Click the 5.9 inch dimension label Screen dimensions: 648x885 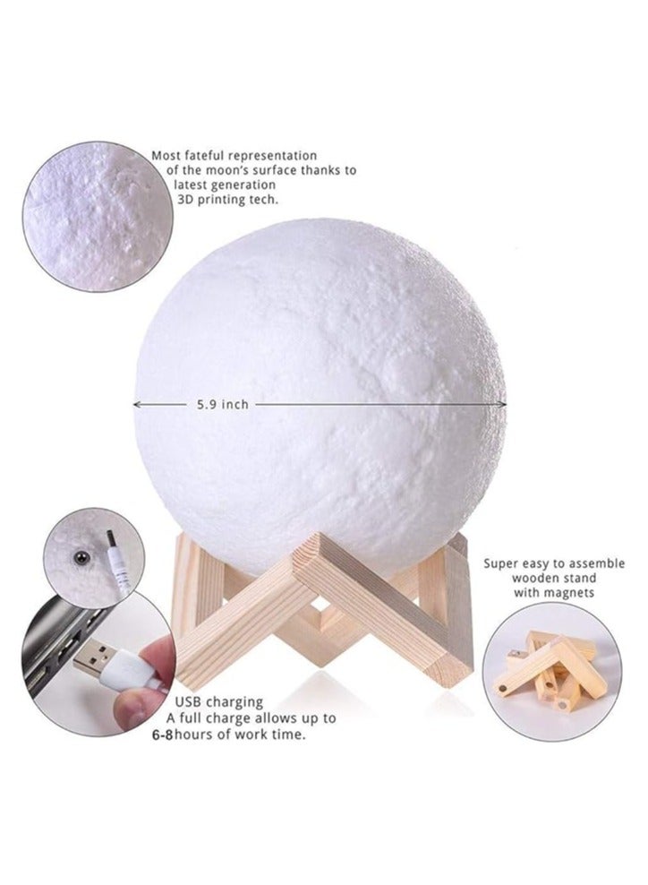pos(222,404)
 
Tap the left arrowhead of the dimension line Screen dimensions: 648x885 pos(136,404)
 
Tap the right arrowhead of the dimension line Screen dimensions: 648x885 pos(502,404)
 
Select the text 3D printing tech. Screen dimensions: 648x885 pos(228,200)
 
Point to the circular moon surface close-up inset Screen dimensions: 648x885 pos(98,217)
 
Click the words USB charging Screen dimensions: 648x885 pos(218,702)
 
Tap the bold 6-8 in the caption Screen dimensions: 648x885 pos(162,735)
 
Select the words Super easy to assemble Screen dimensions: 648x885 pos(554,563)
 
